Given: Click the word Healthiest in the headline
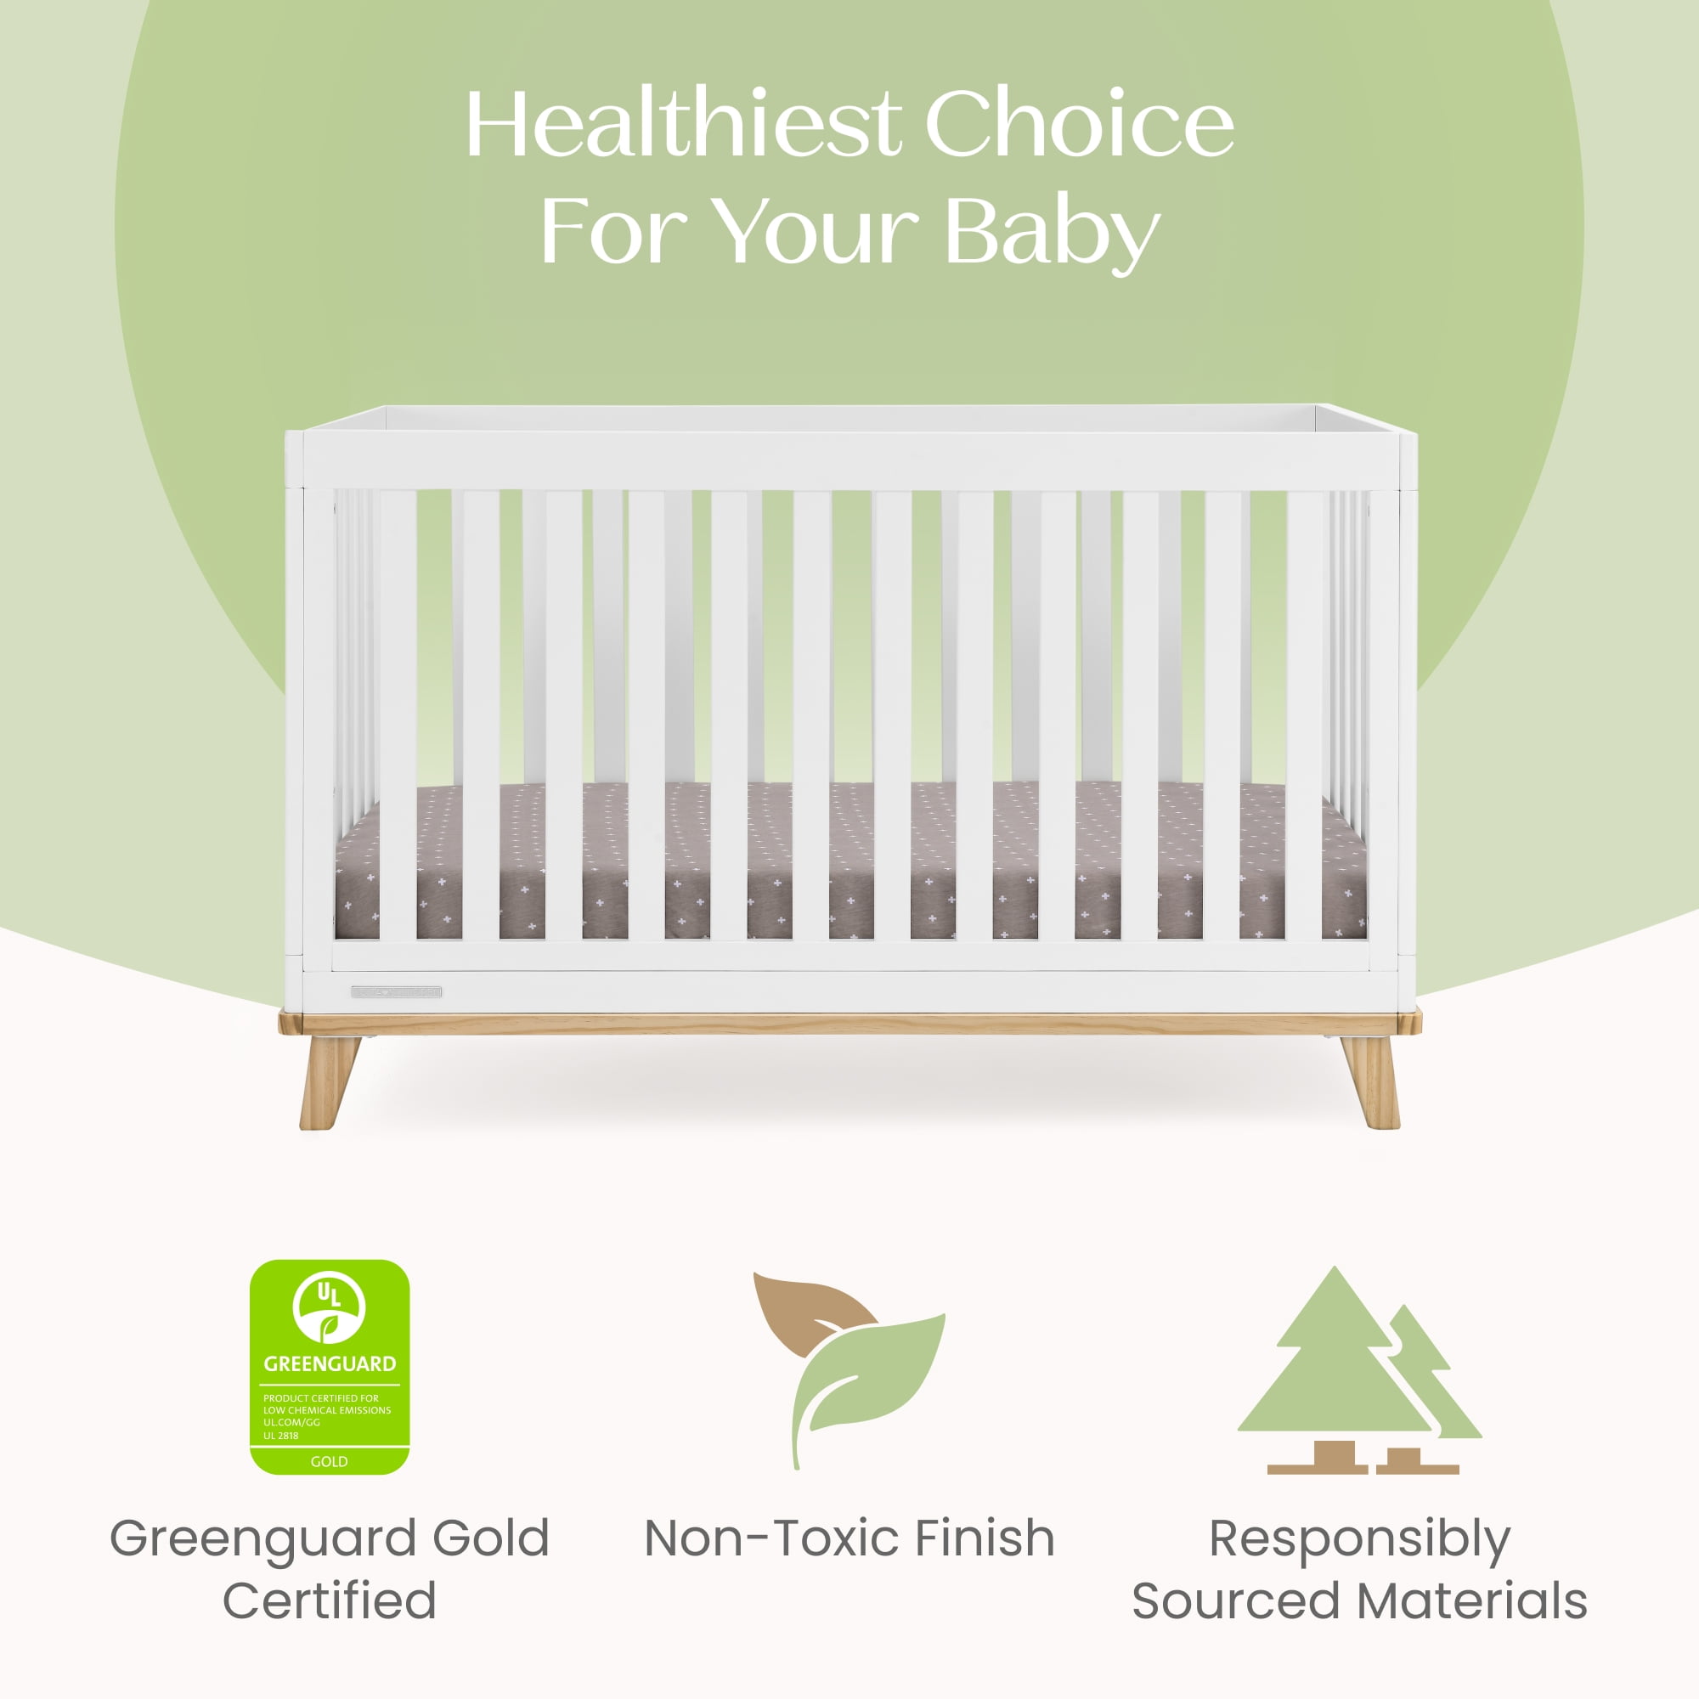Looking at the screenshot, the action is [x=683, y=124].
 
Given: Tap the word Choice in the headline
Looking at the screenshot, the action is [x=1079, y=124].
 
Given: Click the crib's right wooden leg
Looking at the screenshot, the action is [x=1370, y=1081].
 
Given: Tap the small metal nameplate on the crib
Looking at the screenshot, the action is [x=397, y=992].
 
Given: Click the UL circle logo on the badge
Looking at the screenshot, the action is [x=329, y=1305].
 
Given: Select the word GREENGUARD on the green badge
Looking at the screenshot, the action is [x=330, y=1364].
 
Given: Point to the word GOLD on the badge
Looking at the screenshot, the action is [x=329, y=1461].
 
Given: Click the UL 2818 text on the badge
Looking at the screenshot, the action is [x=280, y=1436].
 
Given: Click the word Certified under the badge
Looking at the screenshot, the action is [x=330, y=1600].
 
